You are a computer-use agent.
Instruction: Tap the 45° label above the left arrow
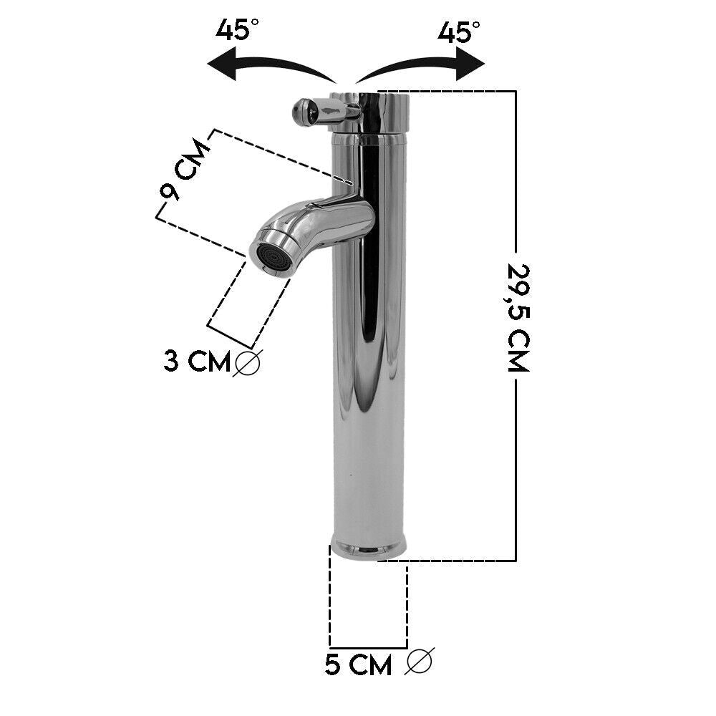236,30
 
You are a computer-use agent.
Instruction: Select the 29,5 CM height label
518,318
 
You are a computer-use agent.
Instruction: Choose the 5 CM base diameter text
359,665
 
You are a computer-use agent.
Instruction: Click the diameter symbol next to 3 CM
247,362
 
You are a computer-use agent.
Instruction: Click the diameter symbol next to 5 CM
419,661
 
